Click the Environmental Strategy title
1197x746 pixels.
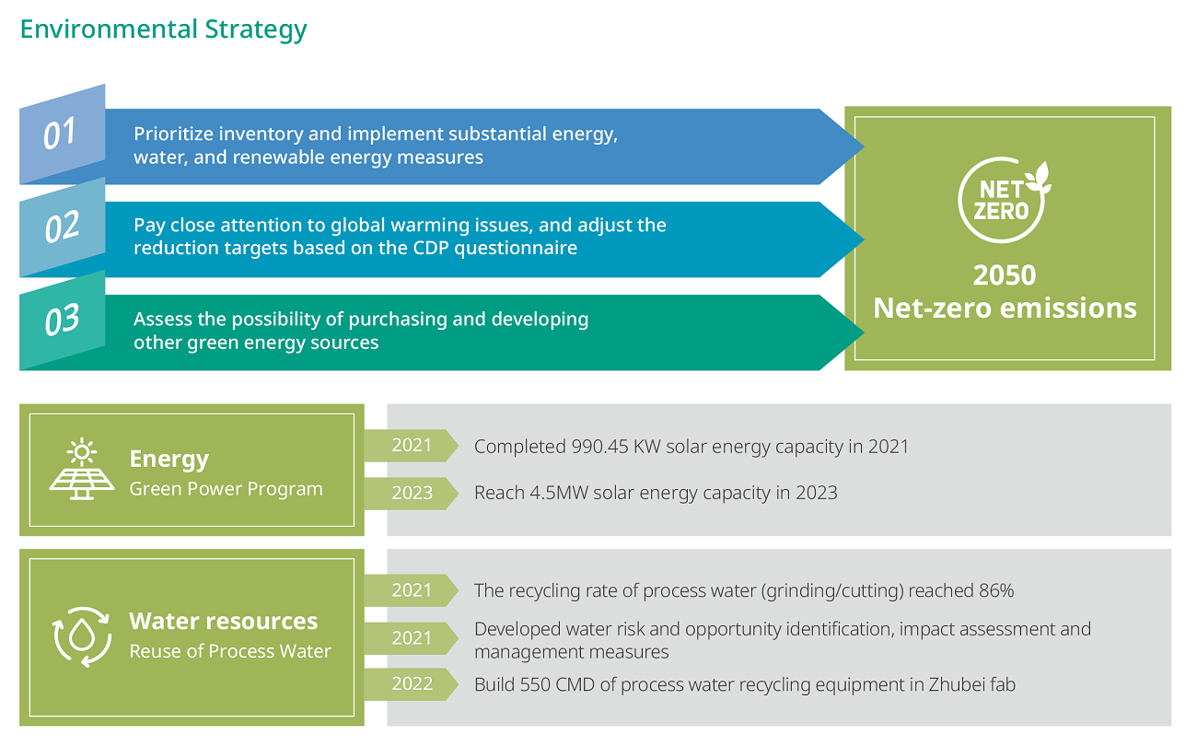[164, 29]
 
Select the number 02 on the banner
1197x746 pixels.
[62, 227]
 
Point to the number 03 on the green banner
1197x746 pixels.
[62, 321]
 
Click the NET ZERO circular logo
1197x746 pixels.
[1004, 200]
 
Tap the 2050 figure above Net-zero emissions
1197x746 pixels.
[1004, 275]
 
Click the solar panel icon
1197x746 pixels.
[82, 469]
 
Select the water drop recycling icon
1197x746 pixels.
[82, 636]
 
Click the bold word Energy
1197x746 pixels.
[169, 460]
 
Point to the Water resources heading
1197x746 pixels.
[224, 621]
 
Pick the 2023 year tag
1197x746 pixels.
[412, 493]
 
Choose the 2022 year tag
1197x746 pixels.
[412, 683]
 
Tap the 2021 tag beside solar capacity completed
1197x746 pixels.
[412, 445]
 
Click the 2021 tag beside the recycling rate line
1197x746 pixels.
[412, 590]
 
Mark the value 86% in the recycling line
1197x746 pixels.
[996, 590]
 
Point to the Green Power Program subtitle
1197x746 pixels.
[226, 489]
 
